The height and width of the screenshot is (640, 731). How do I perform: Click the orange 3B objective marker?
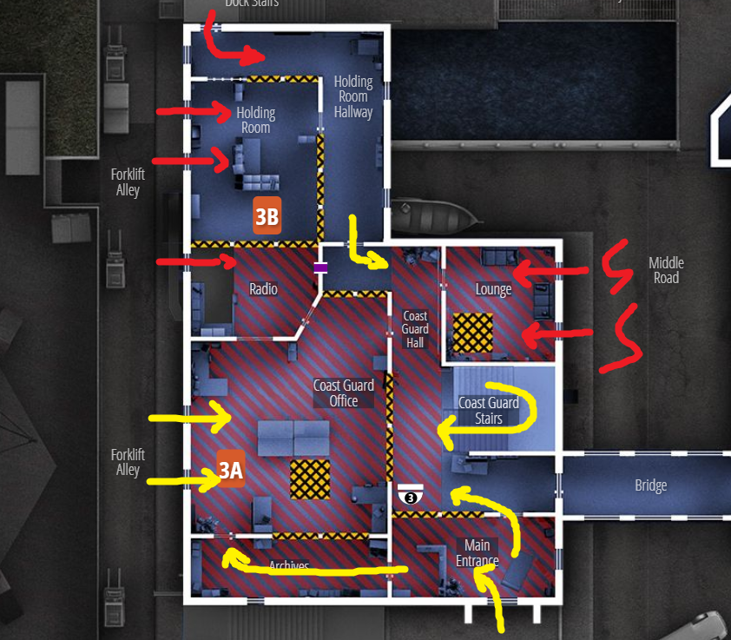pyautogui.click(x=267, y=216)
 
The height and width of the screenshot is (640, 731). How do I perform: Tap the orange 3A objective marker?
pyautogui.click(x=231, y=469)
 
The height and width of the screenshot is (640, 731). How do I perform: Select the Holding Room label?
pyautogui.click(x=255, y=120)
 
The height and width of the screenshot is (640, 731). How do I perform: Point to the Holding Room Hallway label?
pyautogui.click(x=353, y=96)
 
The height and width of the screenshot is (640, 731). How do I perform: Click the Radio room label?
pyautogui.click(x=263, y=289)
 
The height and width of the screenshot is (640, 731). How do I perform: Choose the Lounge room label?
pyautogui.click(x=493, y=289)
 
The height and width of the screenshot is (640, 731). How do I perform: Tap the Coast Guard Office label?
pyautogui.click(x=344, y=393)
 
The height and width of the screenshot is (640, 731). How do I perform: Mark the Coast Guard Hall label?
pyautogui.click(x=415, y=329)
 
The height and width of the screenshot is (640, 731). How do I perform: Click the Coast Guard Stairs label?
pyautogui.click(x=489, y=411)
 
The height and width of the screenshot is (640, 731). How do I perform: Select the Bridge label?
pyautogui.click(x=650, y=486)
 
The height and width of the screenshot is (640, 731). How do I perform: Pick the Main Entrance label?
pyautogui.click(x=477, y=553)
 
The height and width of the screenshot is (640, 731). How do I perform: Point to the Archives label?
pyautogui.click(x=289, y=566)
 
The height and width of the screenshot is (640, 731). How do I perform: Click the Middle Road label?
pyautogui.click(x=666, y=270)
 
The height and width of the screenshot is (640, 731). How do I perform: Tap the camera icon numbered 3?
pyautogui.click(x=411, y=495)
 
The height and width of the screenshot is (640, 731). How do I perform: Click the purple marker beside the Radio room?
pyautogui.click(x=320, y=267)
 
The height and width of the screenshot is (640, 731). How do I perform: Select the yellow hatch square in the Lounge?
pyautogui.click(x=472, y=332)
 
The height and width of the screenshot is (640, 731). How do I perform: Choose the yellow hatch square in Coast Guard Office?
pyautogui.click(x=310, y=479)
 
